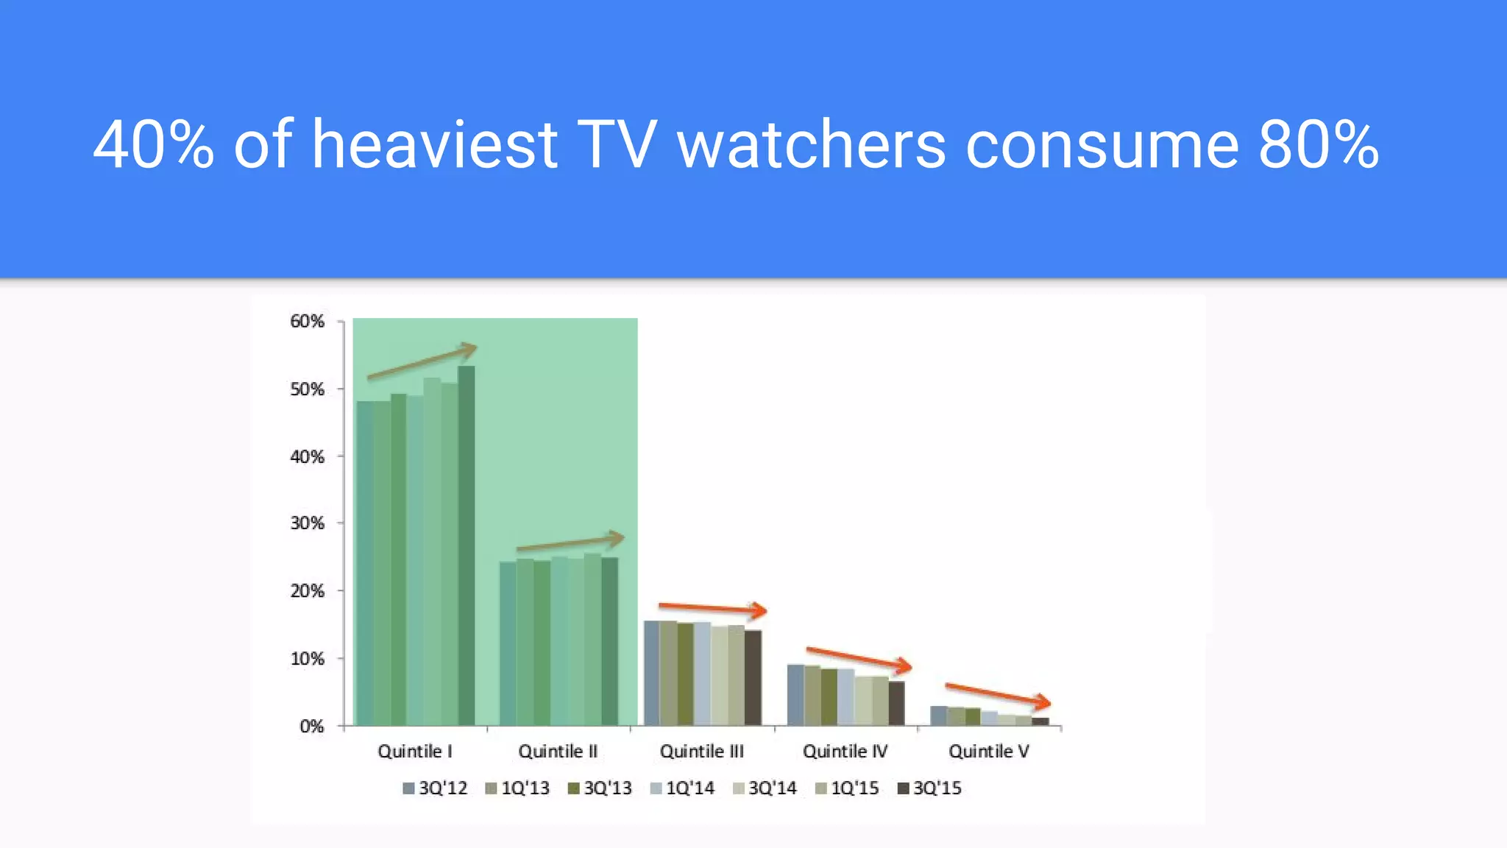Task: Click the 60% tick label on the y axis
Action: tap(307, 322)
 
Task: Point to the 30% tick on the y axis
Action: tap(307, 523)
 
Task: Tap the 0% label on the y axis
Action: tap(312, 727)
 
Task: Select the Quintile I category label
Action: tap(414, 752)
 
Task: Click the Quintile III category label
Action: tap(701, 752)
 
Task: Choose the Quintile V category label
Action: tap(988, 752)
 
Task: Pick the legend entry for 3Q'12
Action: tap(435, 788)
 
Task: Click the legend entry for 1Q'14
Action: tap(682, 788)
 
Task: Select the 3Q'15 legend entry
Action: tap(929, 788)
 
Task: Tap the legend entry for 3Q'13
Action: tap(600, 788)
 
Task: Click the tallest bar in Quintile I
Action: tap(467, 545)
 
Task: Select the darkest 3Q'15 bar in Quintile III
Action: tap(753, 677)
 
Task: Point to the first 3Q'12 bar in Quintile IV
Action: tap(795, 695)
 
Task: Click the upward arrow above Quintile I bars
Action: tap(422, 361)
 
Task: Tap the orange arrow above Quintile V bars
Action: tap(998, 694)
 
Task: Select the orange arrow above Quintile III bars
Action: tap(712, 608)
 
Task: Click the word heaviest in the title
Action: tap(435, 145)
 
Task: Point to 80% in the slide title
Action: tap(1318, 145)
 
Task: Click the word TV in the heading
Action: tap(616, 145)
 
